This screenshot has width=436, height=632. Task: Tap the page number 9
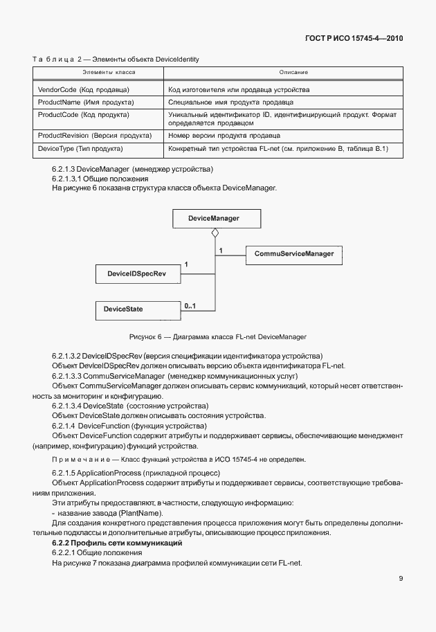401,579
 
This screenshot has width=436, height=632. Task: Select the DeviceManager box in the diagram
214,219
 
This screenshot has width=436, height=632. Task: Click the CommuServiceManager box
294,255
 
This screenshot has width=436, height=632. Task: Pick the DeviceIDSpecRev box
136,275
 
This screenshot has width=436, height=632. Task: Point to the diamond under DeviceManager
215,234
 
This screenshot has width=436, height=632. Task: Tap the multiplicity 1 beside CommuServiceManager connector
220,249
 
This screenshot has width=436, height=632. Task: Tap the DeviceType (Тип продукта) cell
80,149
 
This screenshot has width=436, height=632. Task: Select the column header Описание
293,72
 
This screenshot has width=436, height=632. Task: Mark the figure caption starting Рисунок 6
217,337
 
